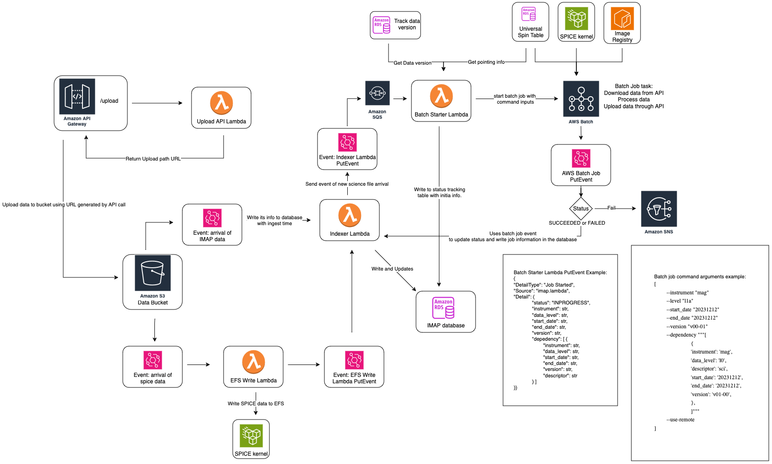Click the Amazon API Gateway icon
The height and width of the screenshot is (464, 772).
(77, 96)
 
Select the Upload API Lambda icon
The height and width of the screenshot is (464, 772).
(221, 103)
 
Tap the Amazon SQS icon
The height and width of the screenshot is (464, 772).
(377, 93)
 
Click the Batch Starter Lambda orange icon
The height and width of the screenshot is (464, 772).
(441, 96)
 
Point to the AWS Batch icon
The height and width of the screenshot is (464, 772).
(581, 99)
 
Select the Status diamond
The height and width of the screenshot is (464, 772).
(580, 209)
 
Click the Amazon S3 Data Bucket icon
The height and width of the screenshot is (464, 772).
(153, 273)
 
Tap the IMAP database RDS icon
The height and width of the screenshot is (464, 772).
(443, 308)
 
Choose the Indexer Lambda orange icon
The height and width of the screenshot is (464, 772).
(350, 215)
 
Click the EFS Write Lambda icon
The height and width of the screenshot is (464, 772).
(253, 362)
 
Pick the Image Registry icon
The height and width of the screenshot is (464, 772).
(622, 19)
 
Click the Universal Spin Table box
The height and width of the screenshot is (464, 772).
(531, 22)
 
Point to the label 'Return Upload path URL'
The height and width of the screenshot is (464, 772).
(153, 159)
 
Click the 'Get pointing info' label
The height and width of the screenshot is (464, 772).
(486, 62)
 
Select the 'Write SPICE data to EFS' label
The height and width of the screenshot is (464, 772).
(256, 404)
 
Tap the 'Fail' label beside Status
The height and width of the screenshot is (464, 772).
(611, 208)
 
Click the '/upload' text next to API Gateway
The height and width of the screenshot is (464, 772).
(109, 101)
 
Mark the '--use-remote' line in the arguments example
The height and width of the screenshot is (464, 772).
(680, 420)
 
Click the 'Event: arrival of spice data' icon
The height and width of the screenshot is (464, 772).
(153, 360)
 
